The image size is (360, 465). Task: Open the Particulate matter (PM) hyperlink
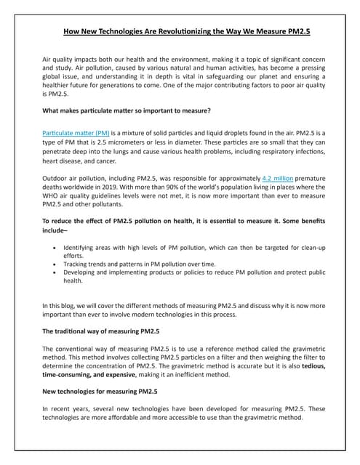68,134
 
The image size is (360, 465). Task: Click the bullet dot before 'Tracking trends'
57,263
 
